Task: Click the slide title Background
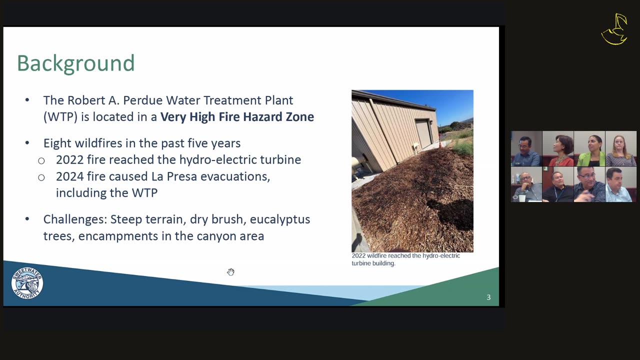tap(75, 63)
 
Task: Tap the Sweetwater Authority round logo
tap(27, 283)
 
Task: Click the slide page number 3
tap(488, 297)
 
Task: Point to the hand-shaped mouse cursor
tap(231, 272)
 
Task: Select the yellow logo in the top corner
tap(615, 29)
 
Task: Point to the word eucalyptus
tap(280, 219)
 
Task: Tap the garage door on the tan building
tap(424, 133)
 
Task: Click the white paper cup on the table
tap(522, 198)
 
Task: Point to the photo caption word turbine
tap(360, 263)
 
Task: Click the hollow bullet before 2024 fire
tap(41, 177)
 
